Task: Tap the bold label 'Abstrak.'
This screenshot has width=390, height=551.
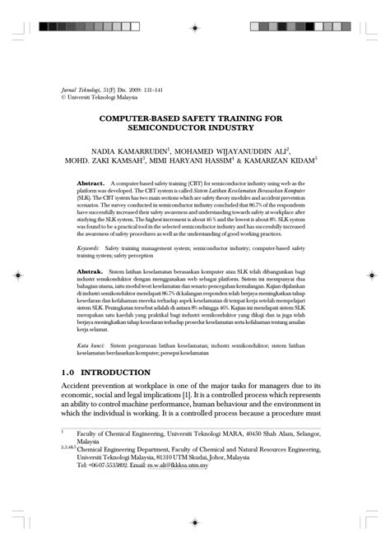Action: tap(90, 271)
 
